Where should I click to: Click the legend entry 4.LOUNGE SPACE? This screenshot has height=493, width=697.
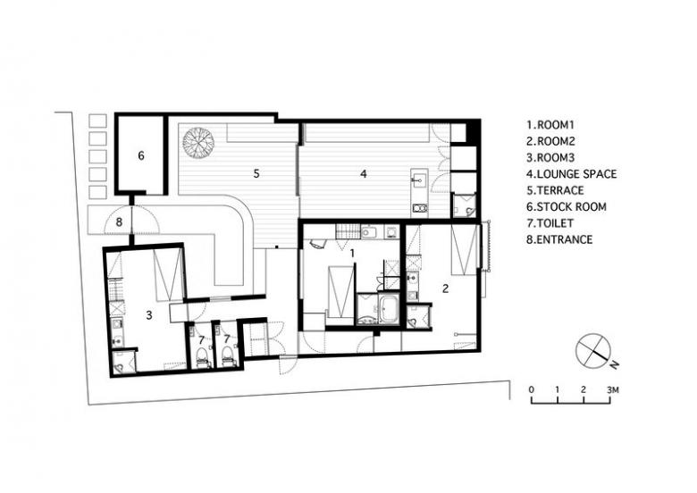(x=572, y=173)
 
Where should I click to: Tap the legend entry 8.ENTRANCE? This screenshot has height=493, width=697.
(x=559, y=239)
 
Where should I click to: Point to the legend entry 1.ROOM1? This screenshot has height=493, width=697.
(x=550, y=125)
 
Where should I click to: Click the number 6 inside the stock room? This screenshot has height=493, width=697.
(x=141, y=155)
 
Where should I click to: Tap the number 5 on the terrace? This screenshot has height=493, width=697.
(x=256, y=173)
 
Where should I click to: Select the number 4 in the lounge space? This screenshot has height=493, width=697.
(x=364, y=173)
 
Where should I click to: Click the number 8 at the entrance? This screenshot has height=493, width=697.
(x=119, y=221)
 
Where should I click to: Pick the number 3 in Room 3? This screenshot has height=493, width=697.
(x=149, y=315)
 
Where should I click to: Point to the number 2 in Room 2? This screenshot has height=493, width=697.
(x=445, y=288)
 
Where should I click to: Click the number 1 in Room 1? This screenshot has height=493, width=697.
(x=352, y=253)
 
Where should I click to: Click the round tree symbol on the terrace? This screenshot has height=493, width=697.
(x=197, y=142)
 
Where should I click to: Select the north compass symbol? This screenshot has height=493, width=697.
(x=592, y=349)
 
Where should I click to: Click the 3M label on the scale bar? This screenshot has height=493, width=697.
(x=612, y=390)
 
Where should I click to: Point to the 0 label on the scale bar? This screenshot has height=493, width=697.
(x=532, y=390)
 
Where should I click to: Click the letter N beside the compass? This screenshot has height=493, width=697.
(x=614, y=364)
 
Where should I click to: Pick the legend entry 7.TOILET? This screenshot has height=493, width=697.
(x=550, y=223)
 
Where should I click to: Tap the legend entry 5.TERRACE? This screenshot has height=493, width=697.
(x=555, y=190)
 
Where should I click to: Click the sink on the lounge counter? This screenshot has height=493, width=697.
(x=419, y=180)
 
